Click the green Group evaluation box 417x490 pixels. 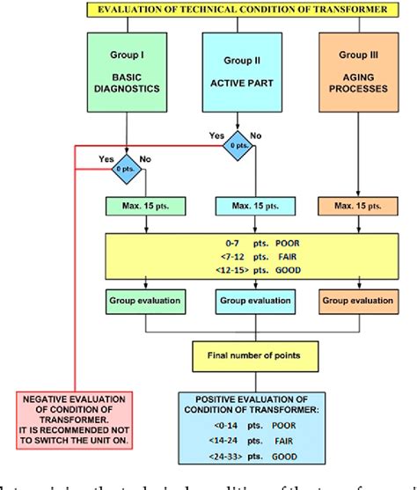tap(144, 300)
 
